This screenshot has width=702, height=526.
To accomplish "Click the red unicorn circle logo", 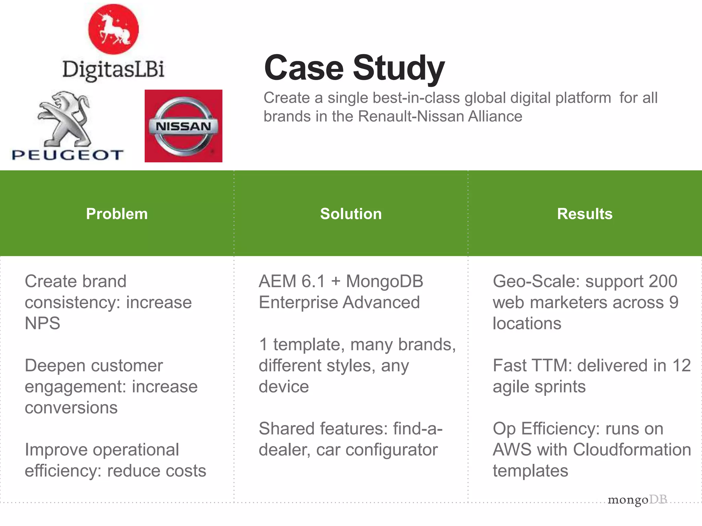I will [113, 29].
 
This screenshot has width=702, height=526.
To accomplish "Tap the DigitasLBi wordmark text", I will [113, 70].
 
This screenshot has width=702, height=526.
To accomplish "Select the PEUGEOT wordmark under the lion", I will [68, 155].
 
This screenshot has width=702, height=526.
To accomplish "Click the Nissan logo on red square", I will [183, 126].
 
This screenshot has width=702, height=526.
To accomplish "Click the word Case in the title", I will [304, 68].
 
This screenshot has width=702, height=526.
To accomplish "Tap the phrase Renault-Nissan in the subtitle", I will [411, 116].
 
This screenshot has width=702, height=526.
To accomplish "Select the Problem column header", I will [117, 214].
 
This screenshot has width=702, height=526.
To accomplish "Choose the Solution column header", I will [351, 214].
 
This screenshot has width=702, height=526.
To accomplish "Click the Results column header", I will [584, 214].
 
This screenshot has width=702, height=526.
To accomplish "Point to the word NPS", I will [43, 323].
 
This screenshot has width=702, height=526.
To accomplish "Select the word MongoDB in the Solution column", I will [385, 281].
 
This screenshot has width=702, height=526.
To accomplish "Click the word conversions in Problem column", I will [71, 408].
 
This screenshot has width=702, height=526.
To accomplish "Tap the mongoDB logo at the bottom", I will [637, 500].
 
